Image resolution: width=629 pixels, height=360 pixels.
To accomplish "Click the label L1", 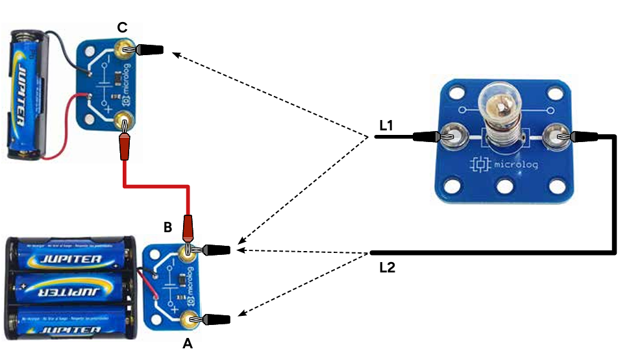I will [388, 125].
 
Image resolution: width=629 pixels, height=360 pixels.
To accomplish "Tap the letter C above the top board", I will [122, 27].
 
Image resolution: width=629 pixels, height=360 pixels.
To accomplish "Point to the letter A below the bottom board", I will [188, 344].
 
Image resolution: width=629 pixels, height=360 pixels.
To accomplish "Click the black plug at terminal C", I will [147, 49].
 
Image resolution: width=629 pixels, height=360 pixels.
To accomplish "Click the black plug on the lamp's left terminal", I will [425, 136].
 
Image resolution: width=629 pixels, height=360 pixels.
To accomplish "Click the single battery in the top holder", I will [25, 91].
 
